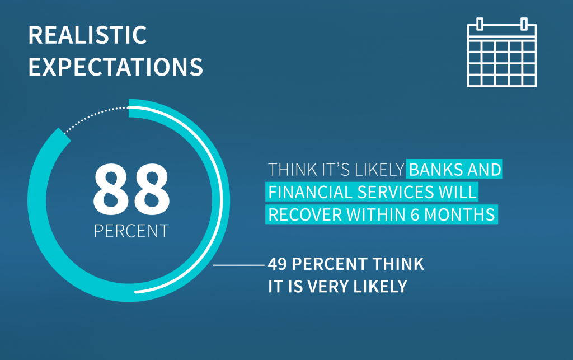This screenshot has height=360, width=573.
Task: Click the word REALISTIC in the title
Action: (88, 35)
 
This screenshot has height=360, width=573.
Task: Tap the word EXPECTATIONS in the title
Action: (115, 67)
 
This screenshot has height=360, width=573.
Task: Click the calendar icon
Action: (502, 52)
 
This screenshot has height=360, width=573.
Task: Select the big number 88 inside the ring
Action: (131, 189)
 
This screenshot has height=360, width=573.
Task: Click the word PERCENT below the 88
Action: (131, 231)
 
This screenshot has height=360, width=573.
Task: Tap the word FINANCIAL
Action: (311, 192)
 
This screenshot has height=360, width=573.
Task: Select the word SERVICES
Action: (396, 192)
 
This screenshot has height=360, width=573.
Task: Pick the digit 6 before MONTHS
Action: (415, 214)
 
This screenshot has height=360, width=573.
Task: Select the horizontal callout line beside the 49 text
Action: (238, 265)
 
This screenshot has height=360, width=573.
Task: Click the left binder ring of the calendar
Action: (480, 24)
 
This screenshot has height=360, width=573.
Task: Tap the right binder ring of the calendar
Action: (524, 24)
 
